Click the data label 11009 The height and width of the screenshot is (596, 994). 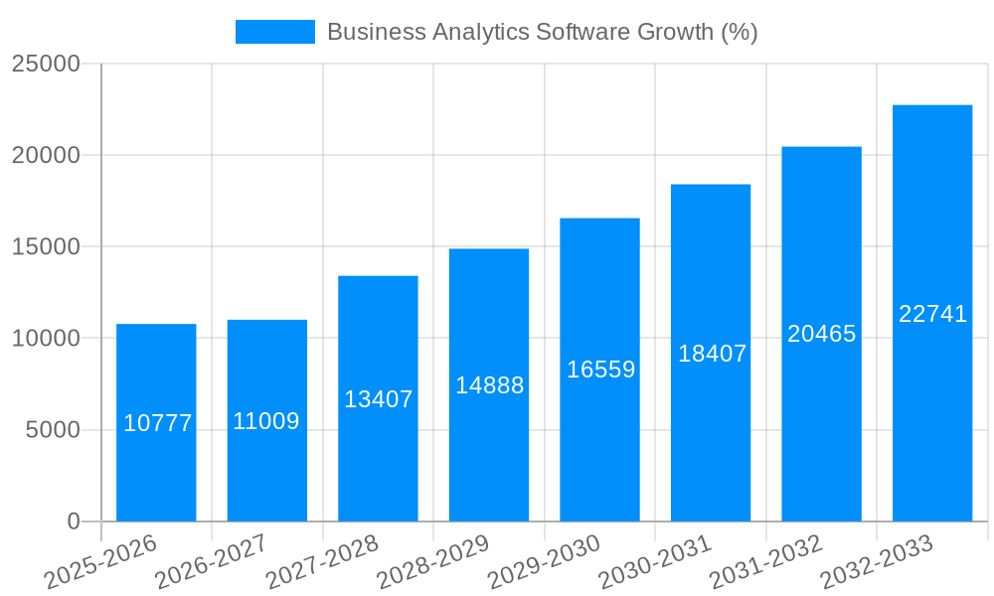click(266, 421)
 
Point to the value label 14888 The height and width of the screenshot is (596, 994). click(489, 385)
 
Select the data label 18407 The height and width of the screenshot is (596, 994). click(712, 354)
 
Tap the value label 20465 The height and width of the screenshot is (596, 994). click(821, 334)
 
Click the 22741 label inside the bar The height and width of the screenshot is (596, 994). click(932, 314)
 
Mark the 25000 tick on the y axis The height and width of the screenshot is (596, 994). click(46, 64)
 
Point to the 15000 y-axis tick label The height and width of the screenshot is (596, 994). click(46, 246)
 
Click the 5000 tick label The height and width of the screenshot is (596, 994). click(52, 430)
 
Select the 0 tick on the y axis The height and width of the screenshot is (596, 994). click(74, 521)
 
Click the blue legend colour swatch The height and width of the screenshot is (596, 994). click(274, 32)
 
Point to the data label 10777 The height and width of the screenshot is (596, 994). click(157, 424)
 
